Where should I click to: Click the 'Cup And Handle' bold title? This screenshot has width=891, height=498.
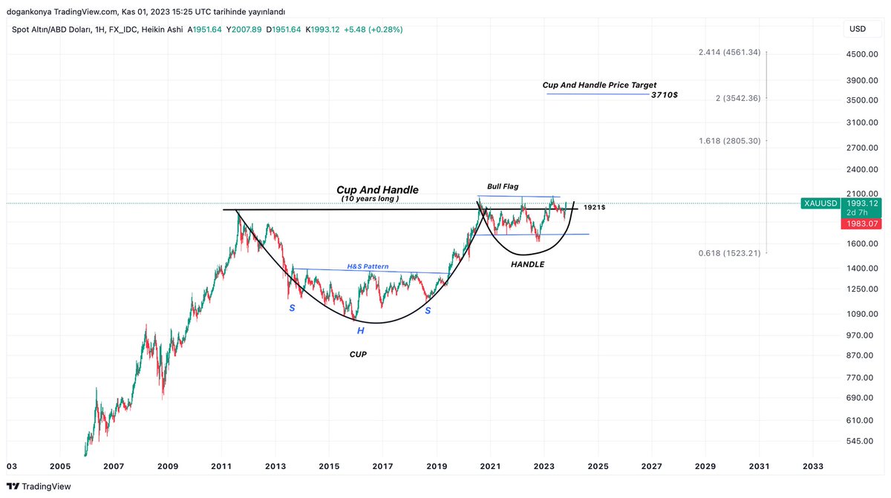(x=377, y=190)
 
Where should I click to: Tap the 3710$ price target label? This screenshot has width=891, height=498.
(x=664, y=95)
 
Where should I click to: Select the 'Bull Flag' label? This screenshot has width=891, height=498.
(x=503, y=186)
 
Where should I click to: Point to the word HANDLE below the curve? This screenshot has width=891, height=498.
(x=528, y=264)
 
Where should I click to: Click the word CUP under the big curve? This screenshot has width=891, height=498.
(x=359, y=355)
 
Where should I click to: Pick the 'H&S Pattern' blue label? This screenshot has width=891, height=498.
(x=368, y=266)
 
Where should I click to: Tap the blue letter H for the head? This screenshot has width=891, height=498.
(x=360, y=330)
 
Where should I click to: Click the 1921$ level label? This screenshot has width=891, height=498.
(x=595, y=208)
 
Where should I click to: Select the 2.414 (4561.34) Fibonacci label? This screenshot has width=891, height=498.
(x=730, y=52)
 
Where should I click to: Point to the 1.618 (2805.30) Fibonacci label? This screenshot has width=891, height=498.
(x=731, y=140)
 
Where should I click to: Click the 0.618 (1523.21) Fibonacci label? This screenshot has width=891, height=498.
(x=731, y=253)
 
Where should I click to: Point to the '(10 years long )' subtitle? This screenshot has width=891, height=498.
(x=370, y=199)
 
